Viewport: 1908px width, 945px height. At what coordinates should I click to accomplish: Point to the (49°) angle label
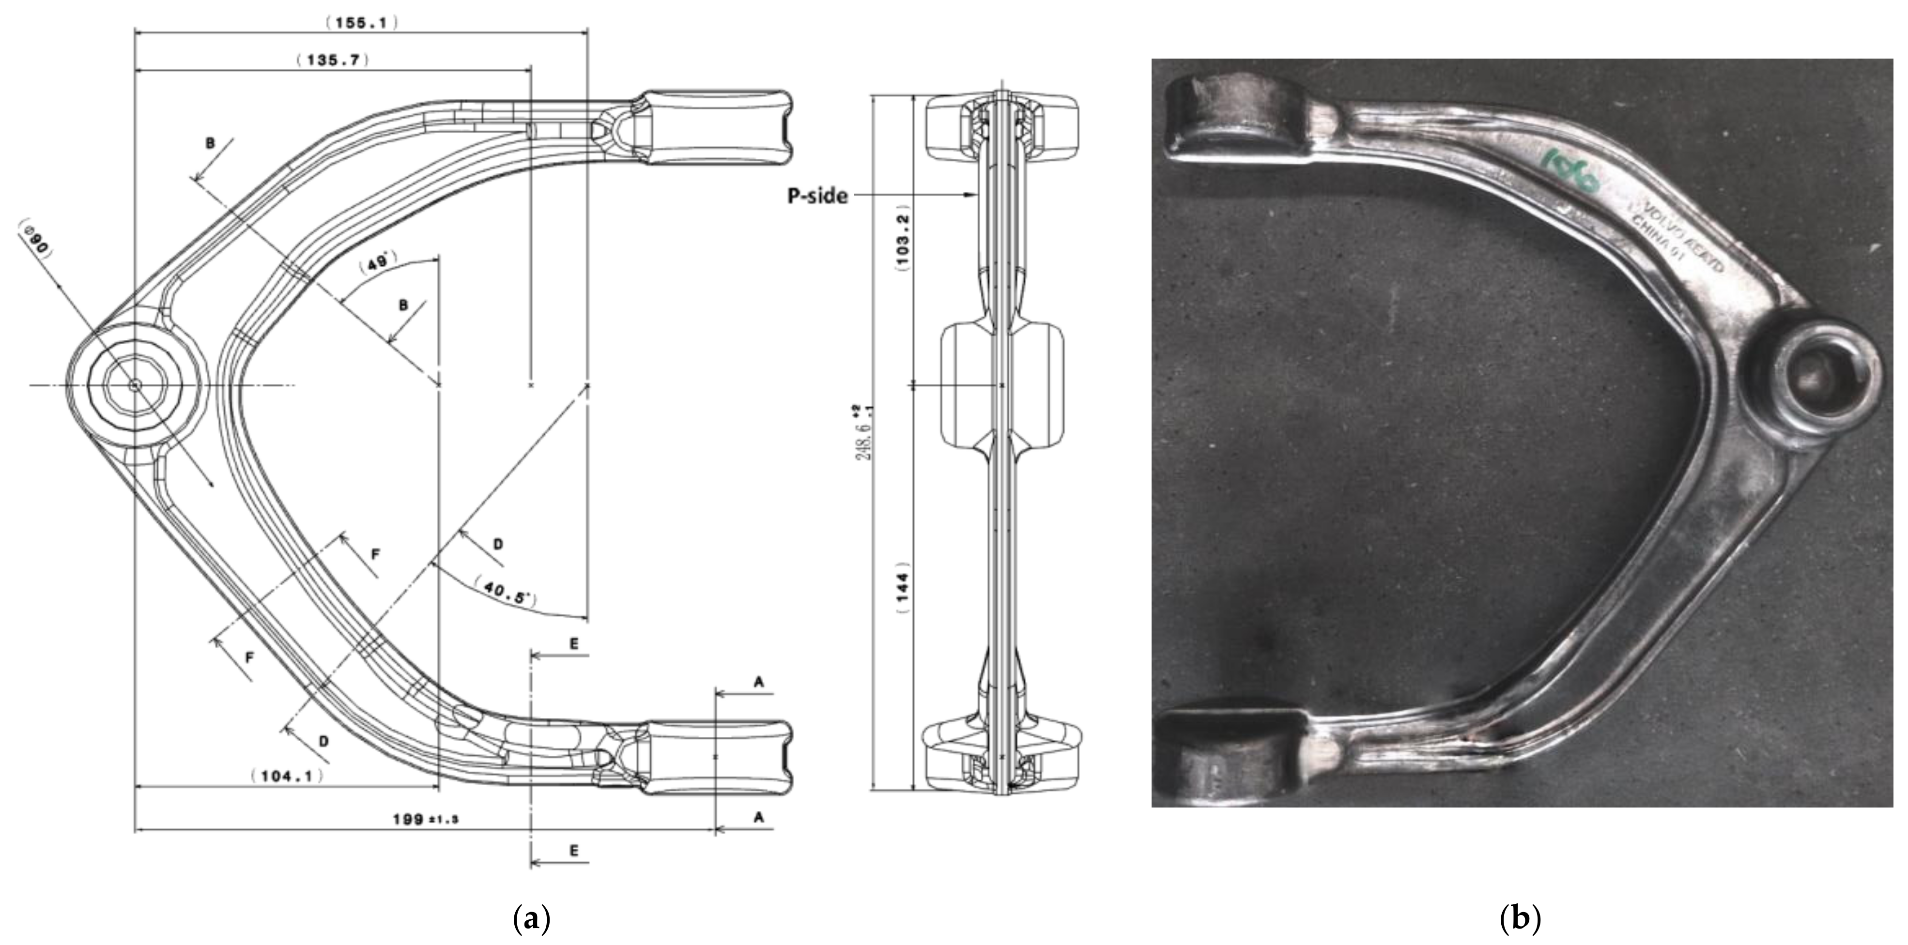(379, 264)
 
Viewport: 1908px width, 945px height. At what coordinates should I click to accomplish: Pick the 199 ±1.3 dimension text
(426, 819)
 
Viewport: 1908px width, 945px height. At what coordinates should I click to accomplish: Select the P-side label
(817, 196)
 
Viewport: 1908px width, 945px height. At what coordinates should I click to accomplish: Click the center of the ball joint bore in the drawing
(134, 385)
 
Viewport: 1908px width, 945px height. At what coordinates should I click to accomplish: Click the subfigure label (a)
(532, 918)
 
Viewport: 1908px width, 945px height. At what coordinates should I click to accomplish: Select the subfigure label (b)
(1520, 918)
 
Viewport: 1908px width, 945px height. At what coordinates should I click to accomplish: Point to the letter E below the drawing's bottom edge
(574, 851)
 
